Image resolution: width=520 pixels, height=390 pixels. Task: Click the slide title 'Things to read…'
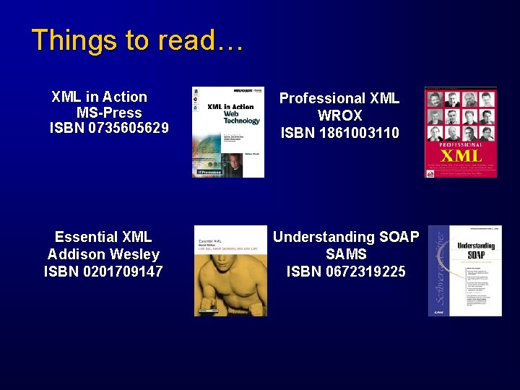tap(137, 40)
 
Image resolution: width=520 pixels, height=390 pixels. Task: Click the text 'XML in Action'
tap(100, 97)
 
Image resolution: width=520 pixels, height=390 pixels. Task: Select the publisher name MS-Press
tap(109, 113)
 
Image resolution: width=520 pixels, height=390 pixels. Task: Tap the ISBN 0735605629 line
tap(109, 129)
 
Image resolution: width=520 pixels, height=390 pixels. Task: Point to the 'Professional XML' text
tap(339, 98)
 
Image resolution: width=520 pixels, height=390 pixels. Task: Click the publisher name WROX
tap(339, 116)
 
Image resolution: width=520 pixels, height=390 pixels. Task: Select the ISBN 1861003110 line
tap(339, 133)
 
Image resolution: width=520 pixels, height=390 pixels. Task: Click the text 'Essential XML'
tap(103, 237)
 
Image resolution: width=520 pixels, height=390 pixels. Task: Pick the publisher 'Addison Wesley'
tap(103, 254)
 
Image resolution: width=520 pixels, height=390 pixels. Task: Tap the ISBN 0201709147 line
tap(103, 272)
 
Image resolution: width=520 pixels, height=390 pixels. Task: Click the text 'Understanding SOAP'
tap(346, 237)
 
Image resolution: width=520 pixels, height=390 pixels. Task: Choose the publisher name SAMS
tap(346, 254)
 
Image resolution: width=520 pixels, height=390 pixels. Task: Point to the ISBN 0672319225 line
tap(346, 272)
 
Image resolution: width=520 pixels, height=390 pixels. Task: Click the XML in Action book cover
tap(227, 132)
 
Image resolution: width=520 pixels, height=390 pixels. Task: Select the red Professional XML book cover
tap(461, 132)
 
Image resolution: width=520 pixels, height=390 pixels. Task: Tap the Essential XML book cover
tap(230, 271)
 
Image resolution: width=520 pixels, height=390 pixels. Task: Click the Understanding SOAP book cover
tap(465, 271)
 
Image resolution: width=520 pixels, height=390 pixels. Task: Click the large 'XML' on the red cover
tap(461, 155)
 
